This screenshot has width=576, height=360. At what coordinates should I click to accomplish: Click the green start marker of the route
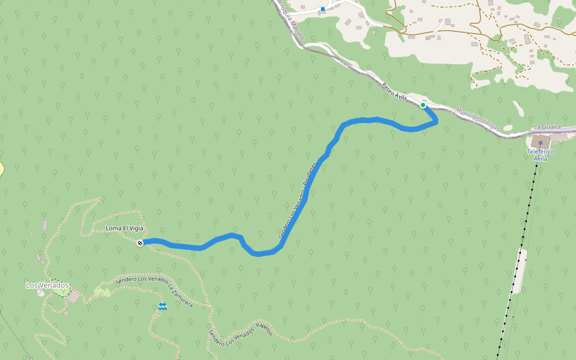point(423,105)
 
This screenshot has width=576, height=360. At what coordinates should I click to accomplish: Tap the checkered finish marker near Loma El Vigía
point(140,243)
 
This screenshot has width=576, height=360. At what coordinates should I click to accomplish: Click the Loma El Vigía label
point(124,229)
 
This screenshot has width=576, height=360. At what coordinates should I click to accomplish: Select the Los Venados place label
point(47,285)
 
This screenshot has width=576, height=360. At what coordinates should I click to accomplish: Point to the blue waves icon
point(163,307)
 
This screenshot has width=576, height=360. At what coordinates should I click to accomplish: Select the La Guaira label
point(547,127)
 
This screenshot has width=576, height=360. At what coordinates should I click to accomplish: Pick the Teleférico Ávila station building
point(541,142)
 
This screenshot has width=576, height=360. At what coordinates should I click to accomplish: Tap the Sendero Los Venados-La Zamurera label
point(154,291)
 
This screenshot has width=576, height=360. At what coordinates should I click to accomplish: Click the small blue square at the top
point(323,9)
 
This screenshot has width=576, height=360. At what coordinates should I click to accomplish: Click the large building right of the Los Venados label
point(74,296)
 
